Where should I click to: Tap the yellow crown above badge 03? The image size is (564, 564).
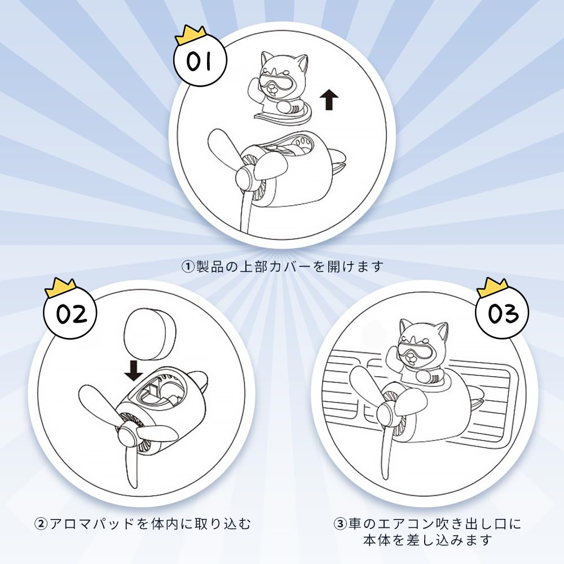[x=492, y=286]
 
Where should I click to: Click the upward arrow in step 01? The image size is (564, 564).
[x=329, y=100]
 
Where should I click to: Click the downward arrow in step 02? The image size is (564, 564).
[x=134, y=371]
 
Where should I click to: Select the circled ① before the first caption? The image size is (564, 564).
[x=187, y=267]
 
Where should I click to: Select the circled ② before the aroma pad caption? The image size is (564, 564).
[x=41, y=523]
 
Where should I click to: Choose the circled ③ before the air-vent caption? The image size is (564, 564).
[x=340, y=523]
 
